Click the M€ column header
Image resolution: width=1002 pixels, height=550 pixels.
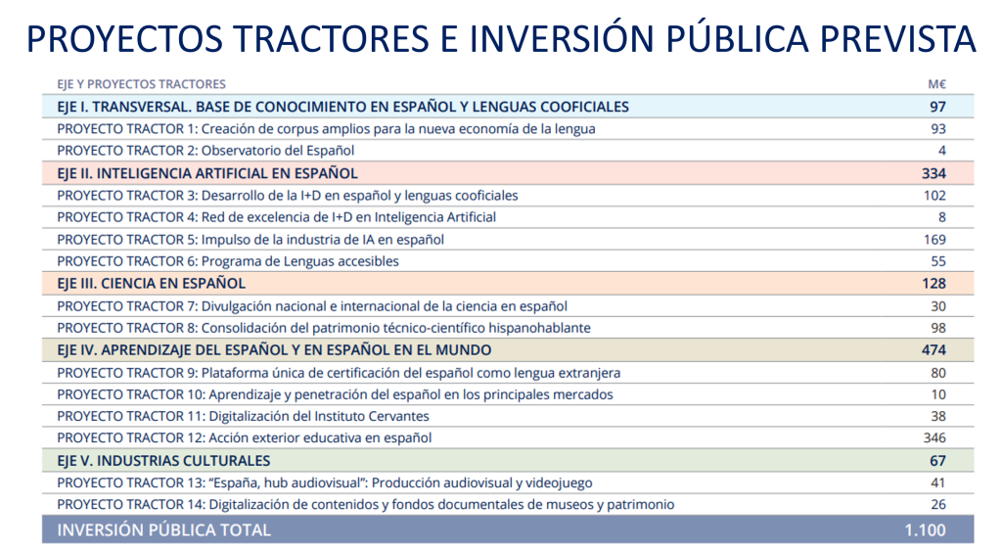pos(936,84)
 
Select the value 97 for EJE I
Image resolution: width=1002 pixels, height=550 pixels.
pos(937,107)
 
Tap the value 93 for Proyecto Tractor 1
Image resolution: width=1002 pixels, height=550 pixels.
pos(938,129)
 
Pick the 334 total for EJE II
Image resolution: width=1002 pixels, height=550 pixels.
pos(934,173)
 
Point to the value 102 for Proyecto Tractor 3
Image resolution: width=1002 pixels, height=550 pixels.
pos(934,196)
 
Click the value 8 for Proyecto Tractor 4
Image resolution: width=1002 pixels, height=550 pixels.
pos(942,217)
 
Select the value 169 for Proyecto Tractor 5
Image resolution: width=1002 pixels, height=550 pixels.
pos(934,240)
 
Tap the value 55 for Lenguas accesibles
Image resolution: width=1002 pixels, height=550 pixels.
pos(938,261)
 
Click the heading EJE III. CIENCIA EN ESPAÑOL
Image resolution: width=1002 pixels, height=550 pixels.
pos(151,284)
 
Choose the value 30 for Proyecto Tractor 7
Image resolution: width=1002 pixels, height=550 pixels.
pos(938,306)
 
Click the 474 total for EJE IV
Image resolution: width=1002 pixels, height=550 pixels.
pos(934,350)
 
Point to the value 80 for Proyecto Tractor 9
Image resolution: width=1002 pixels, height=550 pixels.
pos(938,373)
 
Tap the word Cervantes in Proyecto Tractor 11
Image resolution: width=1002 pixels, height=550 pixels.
pos(399,417)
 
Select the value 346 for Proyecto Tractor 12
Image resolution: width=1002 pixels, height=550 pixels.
pos(934,438)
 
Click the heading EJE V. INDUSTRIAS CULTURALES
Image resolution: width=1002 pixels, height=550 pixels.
pos(163,461)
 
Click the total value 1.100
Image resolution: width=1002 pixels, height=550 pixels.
pos(926,530)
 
